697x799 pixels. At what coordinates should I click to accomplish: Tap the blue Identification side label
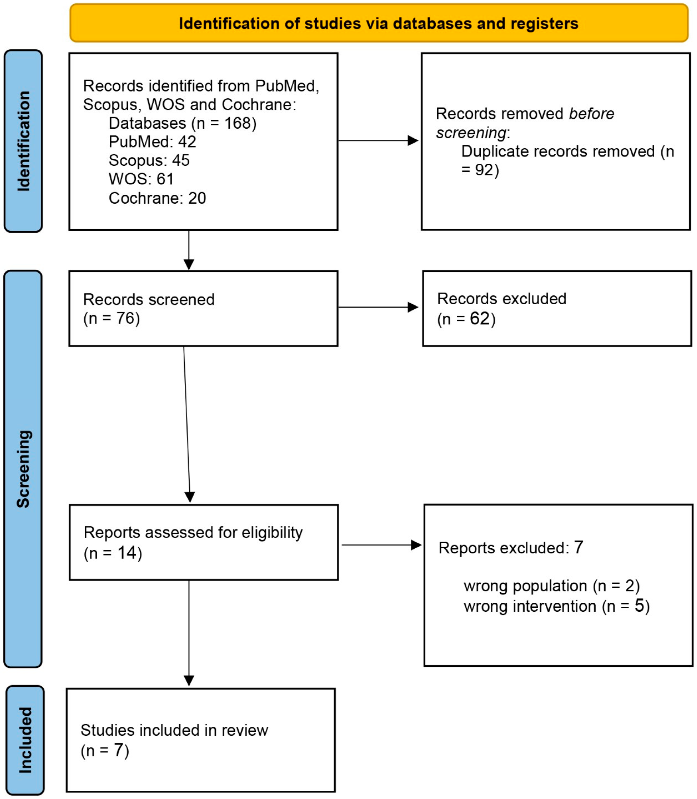23,141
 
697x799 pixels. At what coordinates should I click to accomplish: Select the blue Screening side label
23,469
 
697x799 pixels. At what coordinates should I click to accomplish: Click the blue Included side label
25,740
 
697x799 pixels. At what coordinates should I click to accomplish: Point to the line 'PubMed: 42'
152,142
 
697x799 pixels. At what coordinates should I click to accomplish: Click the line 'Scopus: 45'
149,160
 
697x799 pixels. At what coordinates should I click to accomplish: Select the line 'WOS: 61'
141,179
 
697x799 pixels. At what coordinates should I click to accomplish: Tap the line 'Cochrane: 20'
157,198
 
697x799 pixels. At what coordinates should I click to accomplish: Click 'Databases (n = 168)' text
182,123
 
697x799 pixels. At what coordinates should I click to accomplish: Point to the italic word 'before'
591,114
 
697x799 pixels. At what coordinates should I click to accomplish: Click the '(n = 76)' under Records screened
111,318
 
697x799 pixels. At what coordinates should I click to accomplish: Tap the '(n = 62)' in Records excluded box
466,319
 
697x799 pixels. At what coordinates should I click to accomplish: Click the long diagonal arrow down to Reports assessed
187,424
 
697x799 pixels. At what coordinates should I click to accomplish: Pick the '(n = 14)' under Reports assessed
113,553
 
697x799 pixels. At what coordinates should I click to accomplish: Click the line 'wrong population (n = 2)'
551,586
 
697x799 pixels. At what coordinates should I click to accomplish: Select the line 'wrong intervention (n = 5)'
556,606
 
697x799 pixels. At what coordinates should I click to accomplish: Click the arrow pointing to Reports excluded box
381,545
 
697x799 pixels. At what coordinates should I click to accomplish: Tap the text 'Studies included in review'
174,730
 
